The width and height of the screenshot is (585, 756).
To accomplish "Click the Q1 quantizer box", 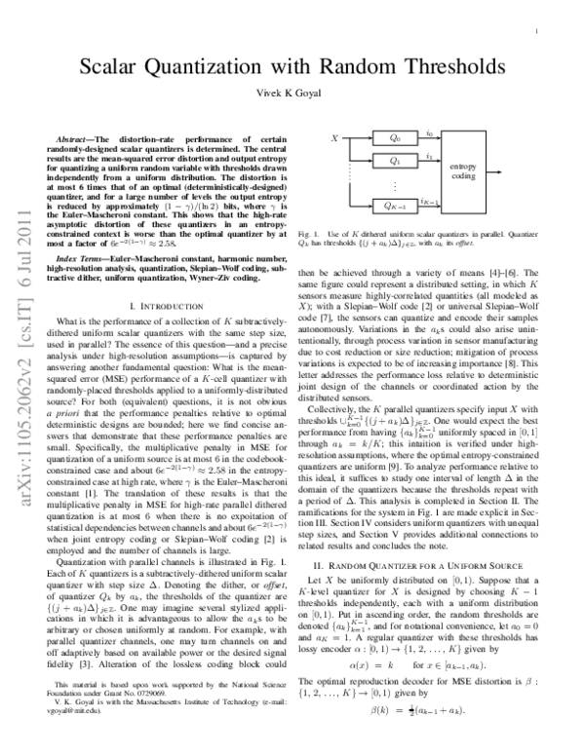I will tap(394, 162).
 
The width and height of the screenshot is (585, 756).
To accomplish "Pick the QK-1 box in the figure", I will tap(394, 207).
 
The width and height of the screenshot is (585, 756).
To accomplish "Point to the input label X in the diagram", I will tap(335, 139).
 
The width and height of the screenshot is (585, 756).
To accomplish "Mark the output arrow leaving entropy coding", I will tap(490, 172).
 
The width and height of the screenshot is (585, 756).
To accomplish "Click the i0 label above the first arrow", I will tap(430, 133).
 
